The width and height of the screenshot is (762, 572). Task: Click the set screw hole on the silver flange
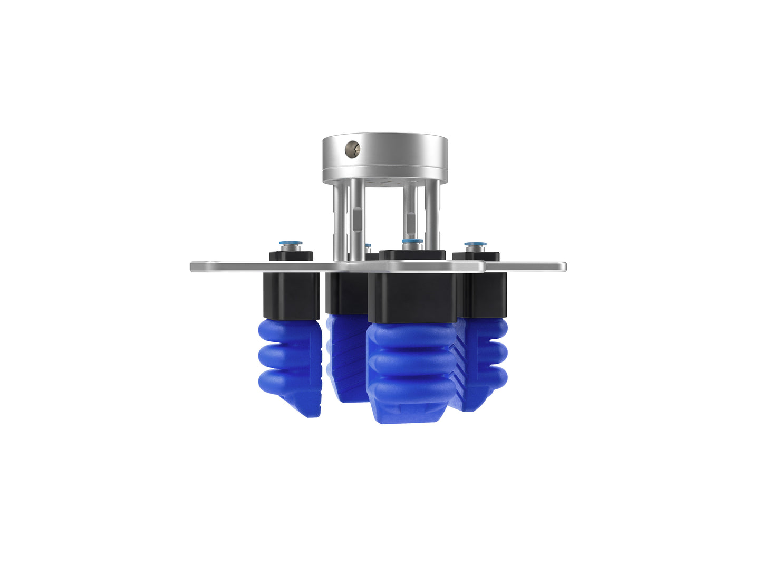point(352,149)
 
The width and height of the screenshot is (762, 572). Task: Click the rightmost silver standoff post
point(432,216)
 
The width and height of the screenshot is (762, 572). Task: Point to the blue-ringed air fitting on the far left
point(291,246)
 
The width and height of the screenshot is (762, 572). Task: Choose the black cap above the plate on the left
point(291,256)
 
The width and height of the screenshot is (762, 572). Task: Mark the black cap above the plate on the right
point(476,257)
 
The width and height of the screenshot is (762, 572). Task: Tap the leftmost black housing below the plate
point(291,295)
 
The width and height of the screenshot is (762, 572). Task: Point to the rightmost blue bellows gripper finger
point(483,364)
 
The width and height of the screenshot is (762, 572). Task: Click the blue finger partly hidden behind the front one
point(345,359)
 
